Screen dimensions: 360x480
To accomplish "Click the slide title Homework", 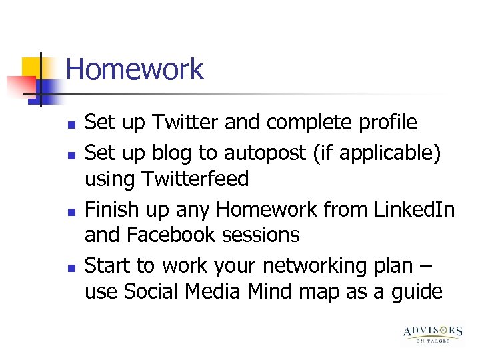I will [135, 70].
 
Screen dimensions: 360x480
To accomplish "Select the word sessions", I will [267, 235].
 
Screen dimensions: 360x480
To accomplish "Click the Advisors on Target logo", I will [432, 333].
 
